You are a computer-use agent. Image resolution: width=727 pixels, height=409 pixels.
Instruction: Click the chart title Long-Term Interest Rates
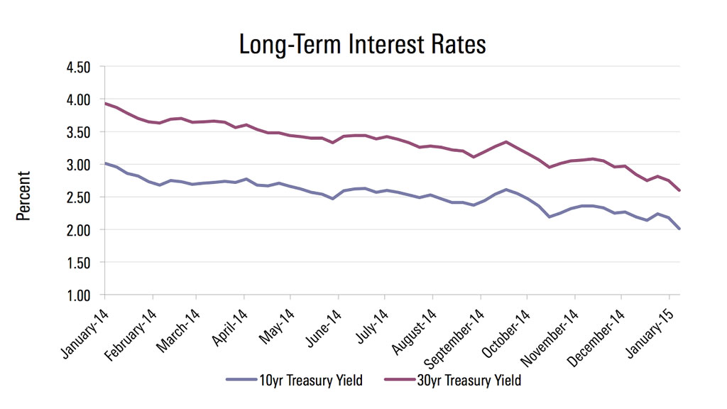point(363,44)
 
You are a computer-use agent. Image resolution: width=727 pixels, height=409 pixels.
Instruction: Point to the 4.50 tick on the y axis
point(78,67)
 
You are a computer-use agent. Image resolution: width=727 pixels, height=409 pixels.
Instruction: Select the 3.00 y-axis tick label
point(78,165)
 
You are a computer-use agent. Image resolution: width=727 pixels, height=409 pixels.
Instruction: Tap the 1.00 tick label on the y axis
point(78,295)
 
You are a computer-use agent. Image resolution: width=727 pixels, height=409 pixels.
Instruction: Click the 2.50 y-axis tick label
point(78,197)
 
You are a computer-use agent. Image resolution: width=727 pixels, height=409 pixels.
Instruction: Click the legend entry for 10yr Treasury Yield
point(294,381)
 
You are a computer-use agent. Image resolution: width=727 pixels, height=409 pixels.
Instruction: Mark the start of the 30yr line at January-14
point(105,104)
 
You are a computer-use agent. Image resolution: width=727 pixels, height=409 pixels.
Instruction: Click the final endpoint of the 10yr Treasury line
point(679,229)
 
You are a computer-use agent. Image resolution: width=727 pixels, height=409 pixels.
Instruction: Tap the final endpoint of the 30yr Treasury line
point(679,190)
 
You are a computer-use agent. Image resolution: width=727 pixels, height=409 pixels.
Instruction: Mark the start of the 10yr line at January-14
point(105,163)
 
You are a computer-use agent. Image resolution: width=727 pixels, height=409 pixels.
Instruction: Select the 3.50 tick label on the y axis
point(78,132)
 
